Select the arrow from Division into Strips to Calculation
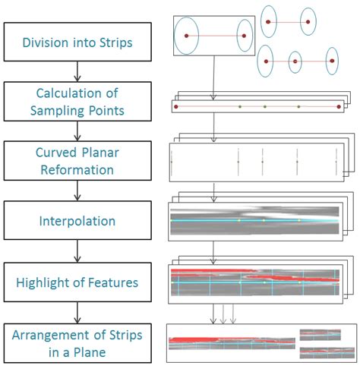coord(77,71)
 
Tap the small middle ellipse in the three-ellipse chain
coord(295,61)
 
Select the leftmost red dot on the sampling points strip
coord(176,107)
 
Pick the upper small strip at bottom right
coord(321,334)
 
